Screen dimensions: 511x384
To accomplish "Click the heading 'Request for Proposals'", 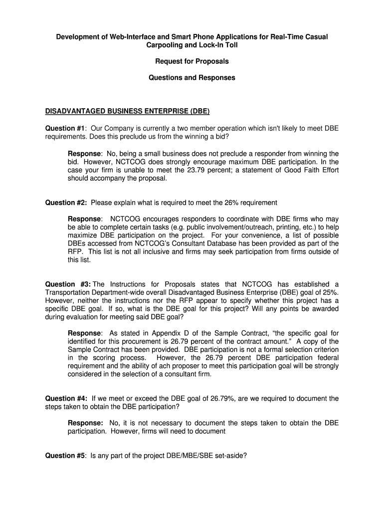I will pyautogui.click(x=192, y=61).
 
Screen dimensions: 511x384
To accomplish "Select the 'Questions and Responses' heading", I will pyautogui.click(x=192, y=78).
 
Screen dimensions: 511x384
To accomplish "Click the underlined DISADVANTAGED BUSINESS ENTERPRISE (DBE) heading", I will pyautogui.click(x=128, y=111).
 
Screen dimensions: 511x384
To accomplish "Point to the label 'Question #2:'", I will pyautogui.click(x=66, y=203).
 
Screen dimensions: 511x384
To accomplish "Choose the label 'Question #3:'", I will pyautogui.click(x=68, y=284).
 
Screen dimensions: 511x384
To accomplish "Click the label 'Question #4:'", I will pyautogui.click(x=66, y=398).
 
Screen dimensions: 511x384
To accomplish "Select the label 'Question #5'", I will pyautogui.click(x=65, y=455).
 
